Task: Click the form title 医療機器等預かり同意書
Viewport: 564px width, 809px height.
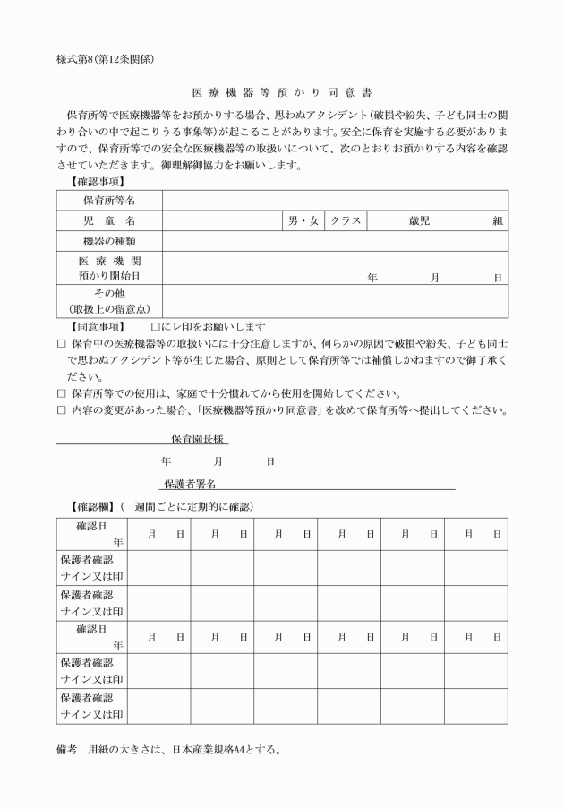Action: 282,92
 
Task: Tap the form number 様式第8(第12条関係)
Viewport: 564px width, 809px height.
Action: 106,60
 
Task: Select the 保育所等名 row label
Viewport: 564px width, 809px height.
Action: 109,200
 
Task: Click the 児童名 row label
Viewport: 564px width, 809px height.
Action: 109,220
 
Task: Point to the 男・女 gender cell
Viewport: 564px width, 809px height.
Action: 303,220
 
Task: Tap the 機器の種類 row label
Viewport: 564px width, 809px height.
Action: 109,241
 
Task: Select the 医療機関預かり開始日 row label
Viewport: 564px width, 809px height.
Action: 109,268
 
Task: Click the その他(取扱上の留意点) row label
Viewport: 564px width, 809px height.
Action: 109,300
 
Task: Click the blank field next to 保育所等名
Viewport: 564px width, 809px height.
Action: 335,200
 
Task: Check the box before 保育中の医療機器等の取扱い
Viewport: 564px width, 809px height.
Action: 62,343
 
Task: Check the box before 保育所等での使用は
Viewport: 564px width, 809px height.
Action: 62,393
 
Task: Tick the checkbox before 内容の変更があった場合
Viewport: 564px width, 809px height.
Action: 62,410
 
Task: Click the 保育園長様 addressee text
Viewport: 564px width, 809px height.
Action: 201,439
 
